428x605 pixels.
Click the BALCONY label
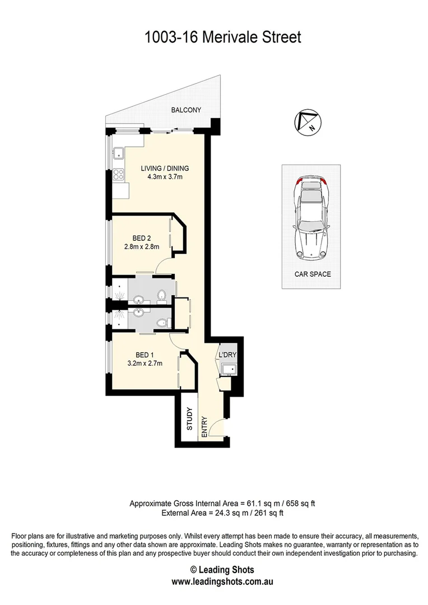click(185, 110)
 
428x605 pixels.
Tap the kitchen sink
click(119, 152)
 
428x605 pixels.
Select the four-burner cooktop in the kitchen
click(119, 174)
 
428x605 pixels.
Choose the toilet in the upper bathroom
click(162, 296)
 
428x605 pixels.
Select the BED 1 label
click(143, 355)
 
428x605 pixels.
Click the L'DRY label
click(227, 355)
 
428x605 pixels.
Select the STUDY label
click(189, 418)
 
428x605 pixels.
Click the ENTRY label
click(204, 425)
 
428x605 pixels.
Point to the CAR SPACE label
click(313, 274)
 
